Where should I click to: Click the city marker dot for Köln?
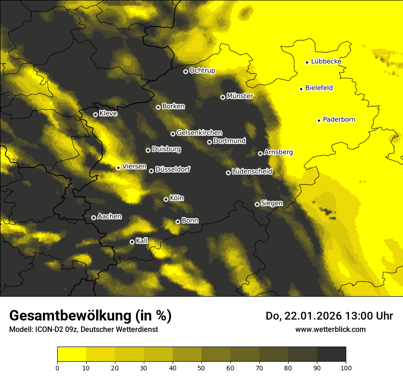[x=166, y=199]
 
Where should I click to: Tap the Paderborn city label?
[x=339, y=119]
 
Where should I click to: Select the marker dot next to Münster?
[x=223, y=97]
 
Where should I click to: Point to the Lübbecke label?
[x=326, y=61]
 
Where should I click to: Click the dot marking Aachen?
[x=93, y=217]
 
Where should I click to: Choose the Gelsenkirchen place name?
[x=199, y=133]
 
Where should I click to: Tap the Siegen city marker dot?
[x=257, y=204]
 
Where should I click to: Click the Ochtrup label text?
[x=202, y=71]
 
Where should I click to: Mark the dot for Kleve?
[x=95, y=114]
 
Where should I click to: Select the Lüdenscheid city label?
[x=252, y=171]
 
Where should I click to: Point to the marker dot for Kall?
[x=132, y=242]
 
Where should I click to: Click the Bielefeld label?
[x=319, y=87]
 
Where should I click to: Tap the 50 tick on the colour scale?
[x=201, y=367]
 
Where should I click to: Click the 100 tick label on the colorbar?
[x=346, y=367]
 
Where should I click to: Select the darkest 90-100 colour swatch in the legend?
[x=331, y=354]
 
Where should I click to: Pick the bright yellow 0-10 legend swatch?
[x=71, y=354]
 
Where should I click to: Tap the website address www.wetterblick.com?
[x=330, y=329]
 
